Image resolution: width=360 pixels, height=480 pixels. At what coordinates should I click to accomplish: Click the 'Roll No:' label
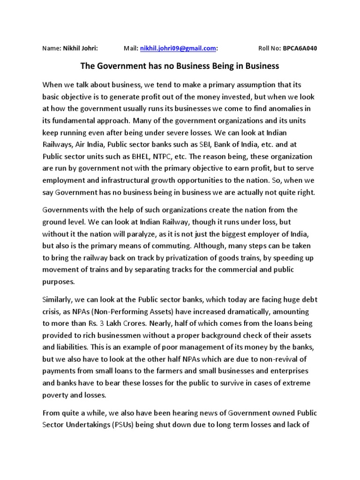[x=270, y=48]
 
